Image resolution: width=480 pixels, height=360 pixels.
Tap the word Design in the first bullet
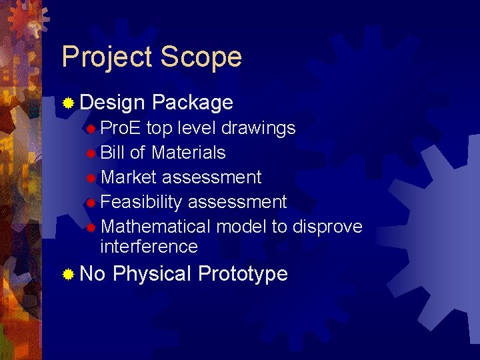(x=112, y=103)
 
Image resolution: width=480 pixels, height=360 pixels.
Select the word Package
(x=192, y=103)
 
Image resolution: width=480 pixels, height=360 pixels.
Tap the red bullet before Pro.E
(x=92, y=128)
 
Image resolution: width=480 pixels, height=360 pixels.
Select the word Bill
(x=112, y=153)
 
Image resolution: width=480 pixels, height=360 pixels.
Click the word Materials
(x=188, y=153)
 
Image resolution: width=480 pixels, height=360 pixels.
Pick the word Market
(x=129, y=177)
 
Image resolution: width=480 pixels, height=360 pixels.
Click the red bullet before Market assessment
(x=92, y=178)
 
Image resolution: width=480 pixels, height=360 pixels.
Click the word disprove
(x=327, y=227)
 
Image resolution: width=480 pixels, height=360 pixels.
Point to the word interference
(x=149, y=247)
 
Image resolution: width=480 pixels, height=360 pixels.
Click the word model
(x=241, y=227)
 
